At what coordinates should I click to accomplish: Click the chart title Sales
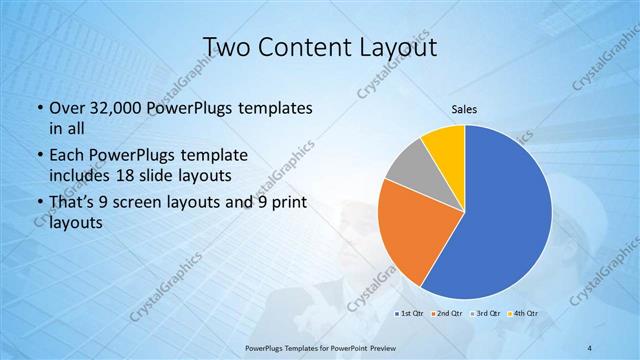(x=464, y=108)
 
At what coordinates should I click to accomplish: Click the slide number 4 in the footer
(x=591, y=347)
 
